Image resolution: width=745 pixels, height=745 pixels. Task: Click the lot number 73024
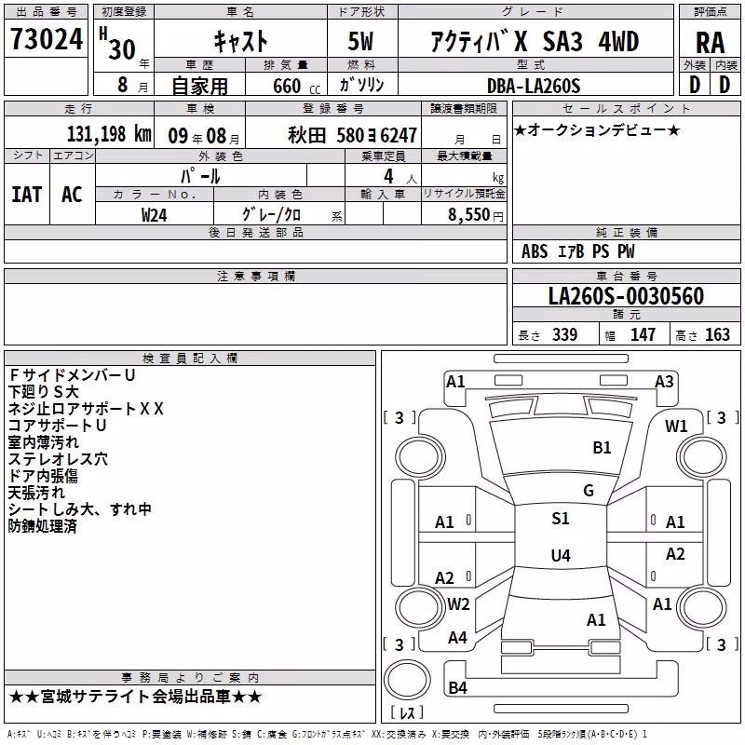pos(47,39)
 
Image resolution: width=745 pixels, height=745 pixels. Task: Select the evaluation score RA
pos(710,43)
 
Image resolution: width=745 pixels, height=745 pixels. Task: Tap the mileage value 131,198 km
pos(109,134)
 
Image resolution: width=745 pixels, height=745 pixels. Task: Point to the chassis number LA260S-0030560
pos(626,295)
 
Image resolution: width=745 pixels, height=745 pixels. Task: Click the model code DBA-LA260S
pos(534,86)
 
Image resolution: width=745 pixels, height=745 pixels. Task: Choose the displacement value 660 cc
pos(296,87)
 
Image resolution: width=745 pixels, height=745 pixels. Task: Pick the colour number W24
pos(154,215)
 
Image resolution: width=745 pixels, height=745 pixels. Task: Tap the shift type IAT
pos(26,195)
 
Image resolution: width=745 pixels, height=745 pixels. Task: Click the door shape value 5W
pos(360,41)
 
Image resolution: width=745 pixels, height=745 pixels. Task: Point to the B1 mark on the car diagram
pos(602,447)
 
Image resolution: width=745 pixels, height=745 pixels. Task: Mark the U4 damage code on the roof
pos(561,555)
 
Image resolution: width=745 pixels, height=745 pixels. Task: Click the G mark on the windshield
pos(589,490)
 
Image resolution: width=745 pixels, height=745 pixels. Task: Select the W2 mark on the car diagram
pos(458,603)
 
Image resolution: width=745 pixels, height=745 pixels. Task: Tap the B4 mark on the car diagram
pos(457,687)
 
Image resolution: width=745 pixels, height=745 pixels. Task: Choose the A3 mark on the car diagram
pos(664,382)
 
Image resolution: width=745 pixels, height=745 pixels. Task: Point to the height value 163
pos(717,334)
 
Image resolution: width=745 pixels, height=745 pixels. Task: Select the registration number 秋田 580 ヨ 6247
pos(352,135)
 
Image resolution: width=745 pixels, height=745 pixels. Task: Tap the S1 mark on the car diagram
pos(561,518)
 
